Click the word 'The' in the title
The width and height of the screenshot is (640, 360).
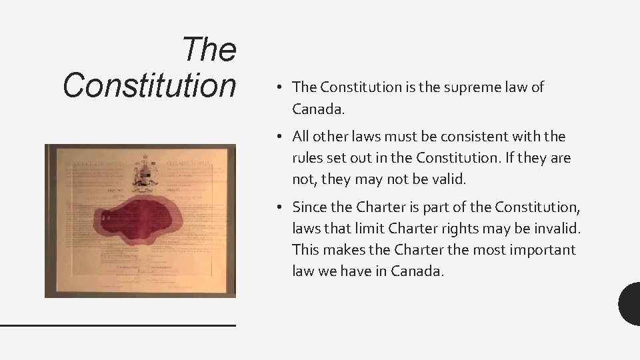click(209, 50)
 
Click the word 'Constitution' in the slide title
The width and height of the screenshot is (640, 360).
click(149, 85)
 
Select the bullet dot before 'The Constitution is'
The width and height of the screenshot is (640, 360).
click(283, 87)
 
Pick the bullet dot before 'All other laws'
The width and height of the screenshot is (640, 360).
click(283, 137)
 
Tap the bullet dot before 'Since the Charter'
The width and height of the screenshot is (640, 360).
click(283, 207)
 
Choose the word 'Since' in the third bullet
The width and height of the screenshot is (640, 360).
click(310, 207)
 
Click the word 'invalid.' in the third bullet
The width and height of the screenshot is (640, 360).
click(556, 228)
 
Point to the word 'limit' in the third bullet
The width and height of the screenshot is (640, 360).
click(369, 228)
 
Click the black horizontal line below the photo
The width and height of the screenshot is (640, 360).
click(118, 325)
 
